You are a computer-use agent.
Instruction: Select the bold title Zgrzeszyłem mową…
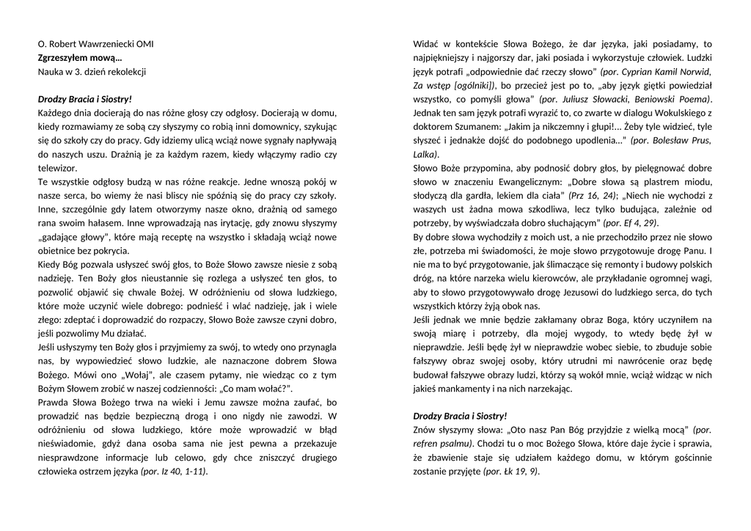[80, 58]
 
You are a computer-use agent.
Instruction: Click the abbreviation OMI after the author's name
[145, 44]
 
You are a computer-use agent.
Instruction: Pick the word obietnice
[58, 252]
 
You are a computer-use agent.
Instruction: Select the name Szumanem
[469, 127]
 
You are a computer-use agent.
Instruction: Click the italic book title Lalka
[425, 155]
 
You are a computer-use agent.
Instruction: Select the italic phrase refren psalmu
[442, 444]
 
